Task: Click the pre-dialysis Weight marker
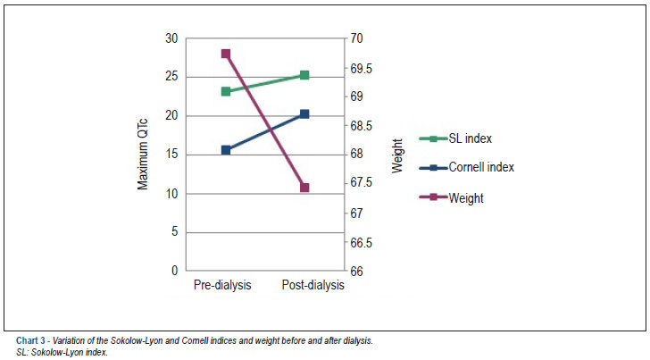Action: (x=226, y=54)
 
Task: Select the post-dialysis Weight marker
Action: (x=304, y=188)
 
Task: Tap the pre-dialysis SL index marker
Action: (x=226, y=91)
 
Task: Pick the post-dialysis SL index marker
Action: (x=304, y=75)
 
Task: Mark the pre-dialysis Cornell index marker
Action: (x=226, y=150)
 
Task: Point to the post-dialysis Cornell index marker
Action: (x=304, y=114)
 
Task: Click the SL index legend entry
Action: (x=455, y=138)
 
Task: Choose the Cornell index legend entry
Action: (x=467, y=168)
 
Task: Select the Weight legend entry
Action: (x=452, y=197)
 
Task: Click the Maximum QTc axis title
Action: (x=143, y=155)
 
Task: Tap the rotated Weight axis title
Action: (x=397, y=156)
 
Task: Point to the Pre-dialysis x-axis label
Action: (x=222, y=285)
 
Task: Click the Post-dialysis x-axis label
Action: (x=313, y=285)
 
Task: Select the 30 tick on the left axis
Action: (x=171, y=38)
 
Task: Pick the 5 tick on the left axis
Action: (x=174, y=231)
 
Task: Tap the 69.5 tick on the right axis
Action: (x=361, y=69)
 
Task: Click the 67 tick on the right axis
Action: (x=356, y=213)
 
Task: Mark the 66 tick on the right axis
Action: (x=356, y=272)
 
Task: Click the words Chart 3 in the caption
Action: (x=30, y=341)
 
